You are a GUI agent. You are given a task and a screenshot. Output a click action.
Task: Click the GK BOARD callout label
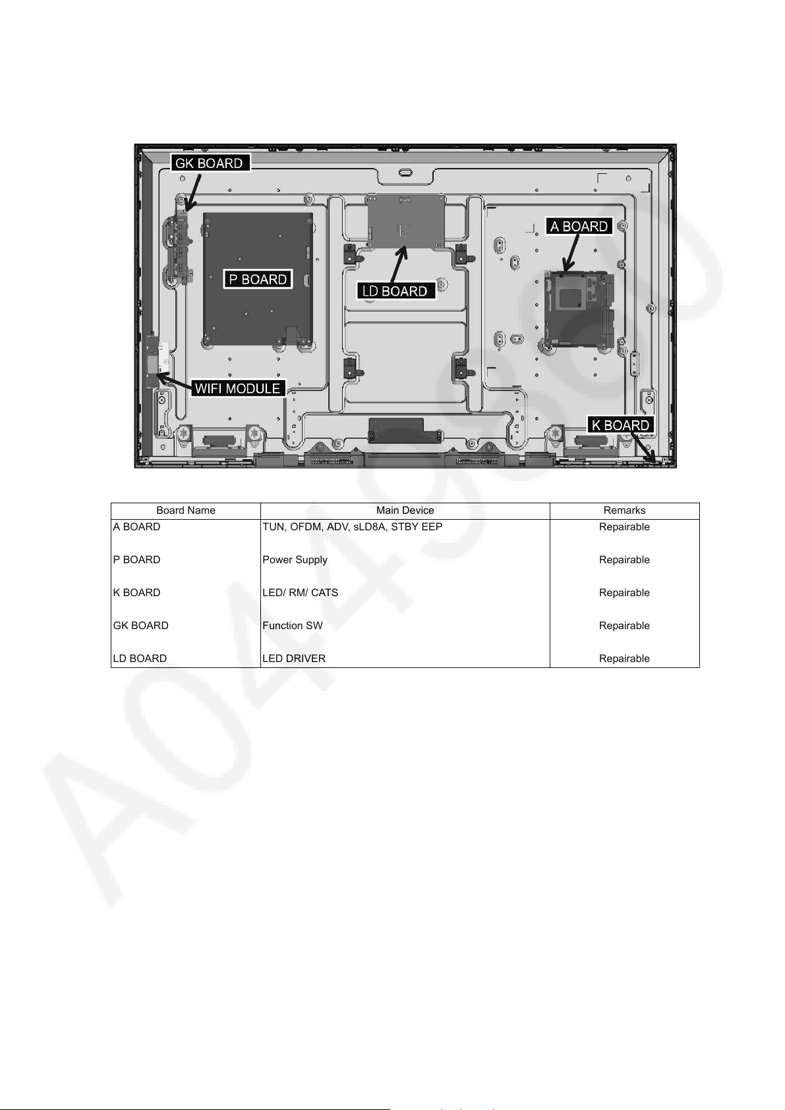(210, 163)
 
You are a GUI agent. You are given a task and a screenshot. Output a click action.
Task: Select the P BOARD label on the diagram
(258, 279)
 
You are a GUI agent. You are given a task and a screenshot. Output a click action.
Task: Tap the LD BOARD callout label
(395, 291)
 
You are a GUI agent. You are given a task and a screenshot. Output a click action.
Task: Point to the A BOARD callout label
(579, 227)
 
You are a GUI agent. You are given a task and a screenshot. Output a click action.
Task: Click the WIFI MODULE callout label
(238, 388)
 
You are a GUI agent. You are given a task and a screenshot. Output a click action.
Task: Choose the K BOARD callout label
(620, 425)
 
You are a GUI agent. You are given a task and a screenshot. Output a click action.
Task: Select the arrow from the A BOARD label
(571, 253)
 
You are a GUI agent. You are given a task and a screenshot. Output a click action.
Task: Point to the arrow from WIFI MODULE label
(174, 381)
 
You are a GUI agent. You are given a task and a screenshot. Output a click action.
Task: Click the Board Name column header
(185, 511)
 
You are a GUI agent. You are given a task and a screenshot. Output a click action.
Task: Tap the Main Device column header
(405, 511)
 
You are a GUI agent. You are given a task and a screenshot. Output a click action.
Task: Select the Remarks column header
(624, 511)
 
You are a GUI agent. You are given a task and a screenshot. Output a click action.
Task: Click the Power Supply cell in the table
(295, 559)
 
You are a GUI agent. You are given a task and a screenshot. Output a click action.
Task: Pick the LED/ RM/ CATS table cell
(300, 593)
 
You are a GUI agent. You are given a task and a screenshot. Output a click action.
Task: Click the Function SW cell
(292, 625)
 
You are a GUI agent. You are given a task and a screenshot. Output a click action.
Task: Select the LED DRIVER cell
(293, 659)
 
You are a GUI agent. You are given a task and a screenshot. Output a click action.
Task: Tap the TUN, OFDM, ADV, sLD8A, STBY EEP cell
(352, 527)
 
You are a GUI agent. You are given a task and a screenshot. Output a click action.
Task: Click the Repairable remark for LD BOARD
(624, 659)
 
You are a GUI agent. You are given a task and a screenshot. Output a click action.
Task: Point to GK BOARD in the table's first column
(141, 625)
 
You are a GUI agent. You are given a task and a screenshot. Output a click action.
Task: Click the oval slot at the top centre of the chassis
(405, 173)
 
